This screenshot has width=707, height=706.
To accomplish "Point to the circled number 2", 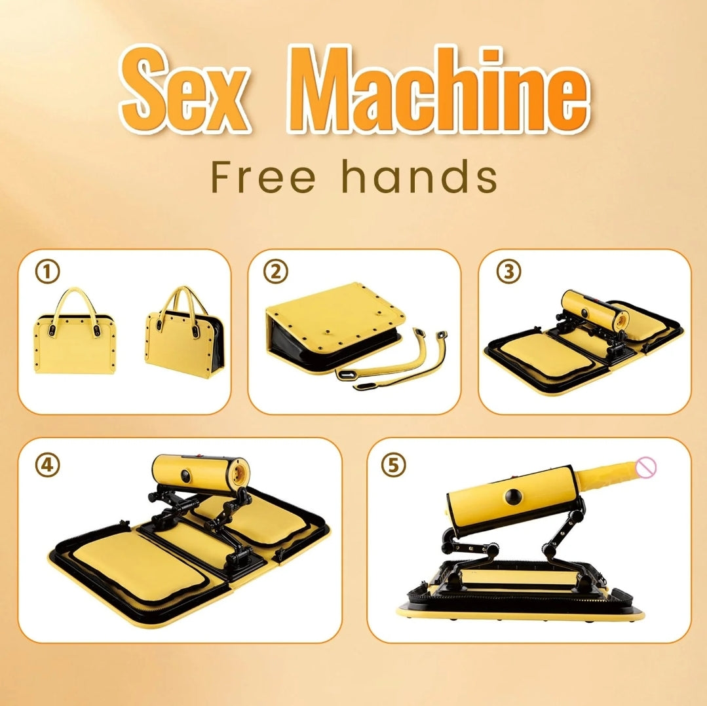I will click(276, 270).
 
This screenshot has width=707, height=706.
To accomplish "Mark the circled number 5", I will click(394, 464).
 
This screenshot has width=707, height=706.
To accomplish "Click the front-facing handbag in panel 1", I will click(74, 344).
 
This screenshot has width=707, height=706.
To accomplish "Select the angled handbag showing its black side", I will click(183, 341).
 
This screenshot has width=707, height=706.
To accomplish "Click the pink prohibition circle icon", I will click(647, 466).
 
